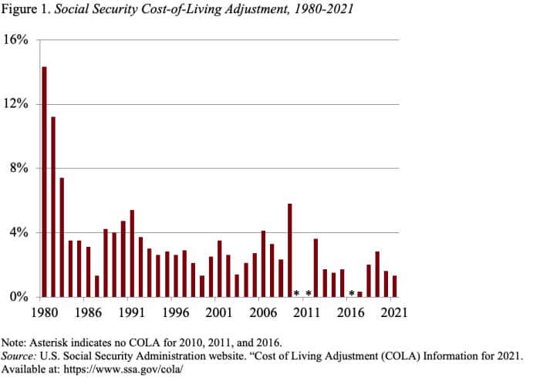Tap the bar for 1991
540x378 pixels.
(132, 254)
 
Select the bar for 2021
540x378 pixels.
(394, 287)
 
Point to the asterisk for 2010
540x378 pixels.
(297, 293)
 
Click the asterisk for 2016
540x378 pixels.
(351, 293)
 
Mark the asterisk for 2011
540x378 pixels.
(308, 293)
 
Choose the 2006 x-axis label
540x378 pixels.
(263, 313)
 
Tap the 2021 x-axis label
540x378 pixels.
(393, 313)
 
